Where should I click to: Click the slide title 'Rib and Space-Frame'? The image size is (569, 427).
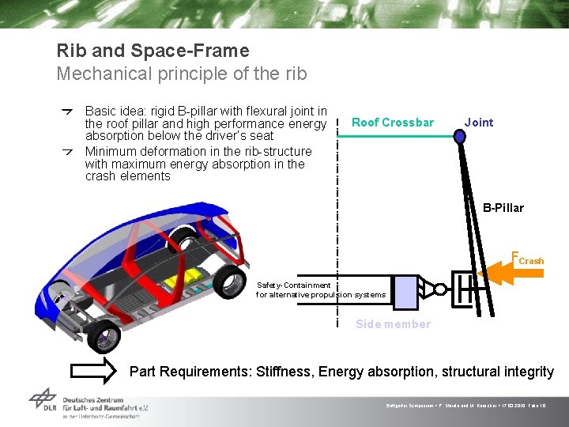[153, 51]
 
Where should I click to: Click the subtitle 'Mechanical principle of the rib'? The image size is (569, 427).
[181, 74]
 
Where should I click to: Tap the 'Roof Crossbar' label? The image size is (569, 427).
[392, 123]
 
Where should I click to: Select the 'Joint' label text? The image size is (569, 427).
[478, 123]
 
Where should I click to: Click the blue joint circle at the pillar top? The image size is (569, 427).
[460, 137]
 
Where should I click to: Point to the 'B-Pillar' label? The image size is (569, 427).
[503, 208]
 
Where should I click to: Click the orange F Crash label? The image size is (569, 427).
[528, 258]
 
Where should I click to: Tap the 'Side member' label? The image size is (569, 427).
[393, 324]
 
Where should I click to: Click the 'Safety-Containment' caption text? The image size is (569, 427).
[293, 285]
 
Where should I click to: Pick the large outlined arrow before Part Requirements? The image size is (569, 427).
[93, 372]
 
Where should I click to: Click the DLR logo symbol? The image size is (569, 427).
[43, 402]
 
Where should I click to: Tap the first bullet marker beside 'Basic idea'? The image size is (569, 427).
[69, 112]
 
